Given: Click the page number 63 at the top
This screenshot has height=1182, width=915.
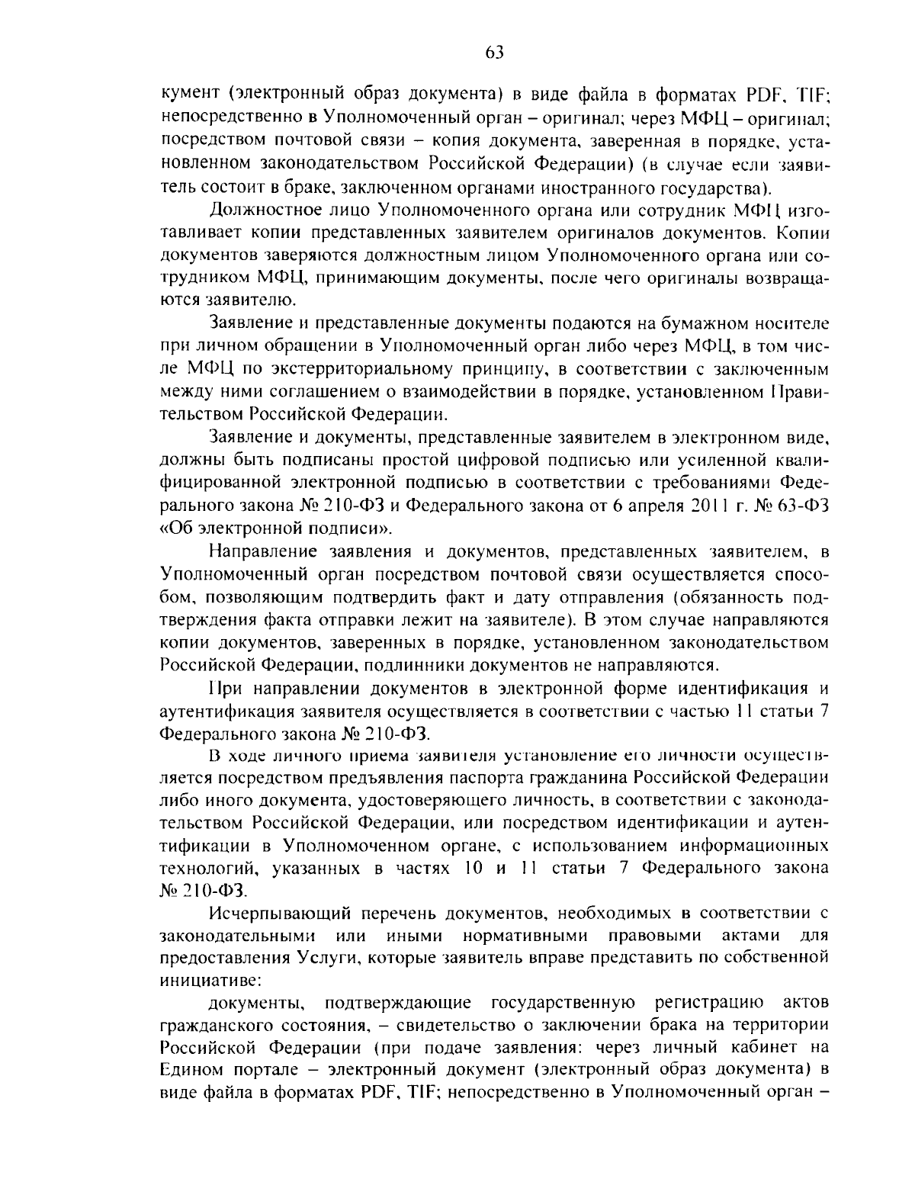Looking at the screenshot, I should pyautogui.click(x=494, y=52).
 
